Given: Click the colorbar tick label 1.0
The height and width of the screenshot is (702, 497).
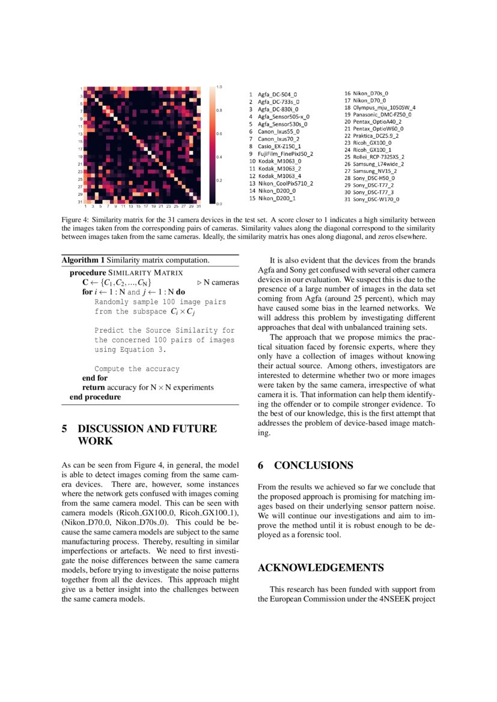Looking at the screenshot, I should [219, 87].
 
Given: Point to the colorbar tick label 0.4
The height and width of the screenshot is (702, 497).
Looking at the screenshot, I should [219, 157].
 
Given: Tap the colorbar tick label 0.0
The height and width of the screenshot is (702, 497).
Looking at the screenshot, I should [219, 204].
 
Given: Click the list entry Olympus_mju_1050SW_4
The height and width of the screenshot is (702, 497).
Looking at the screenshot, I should [379, 107].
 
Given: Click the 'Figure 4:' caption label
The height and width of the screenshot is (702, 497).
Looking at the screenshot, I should [75, 220].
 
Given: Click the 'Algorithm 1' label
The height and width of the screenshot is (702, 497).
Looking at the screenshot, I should [83, 260].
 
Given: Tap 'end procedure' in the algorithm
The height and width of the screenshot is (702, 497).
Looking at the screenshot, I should [95, 397].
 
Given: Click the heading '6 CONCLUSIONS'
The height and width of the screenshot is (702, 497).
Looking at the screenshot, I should [305, 465].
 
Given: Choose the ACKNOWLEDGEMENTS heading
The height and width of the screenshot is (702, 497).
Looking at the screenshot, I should [320, 567].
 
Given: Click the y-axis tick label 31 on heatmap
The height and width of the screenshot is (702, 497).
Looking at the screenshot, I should [79, 202].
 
